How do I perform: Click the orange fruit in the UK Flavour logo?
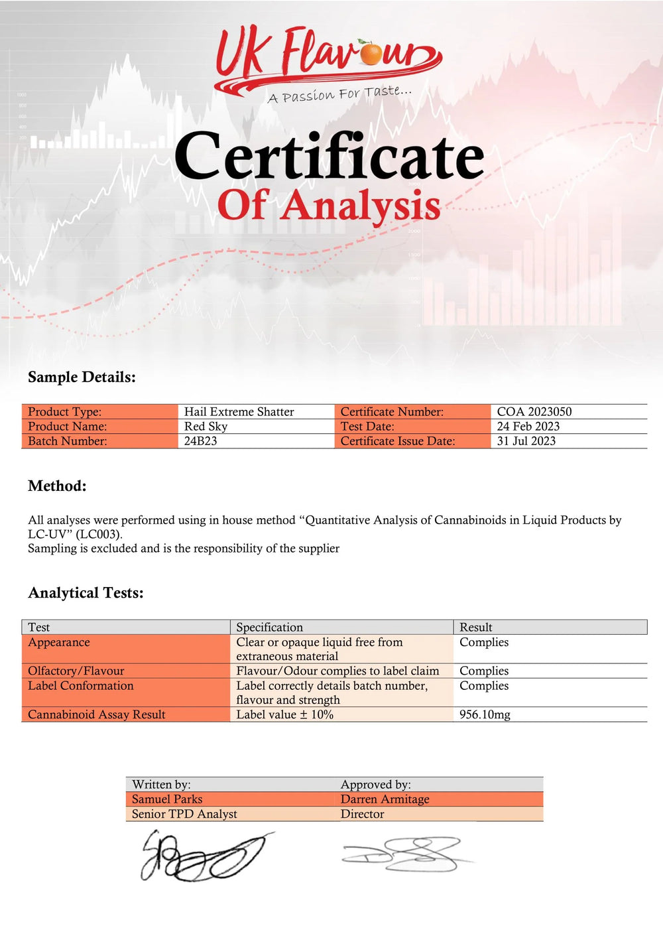[371, 54]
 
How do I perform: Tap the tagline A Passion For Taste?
[339, 94]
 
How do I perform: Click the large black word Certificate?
[330, 157]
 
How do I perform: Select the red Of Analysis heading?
[329, 205]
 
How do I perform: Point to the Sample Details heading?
[82, 377]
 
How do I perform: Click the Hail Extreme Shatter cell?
[239, 411]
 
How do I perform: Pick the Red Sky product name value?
[206, 426]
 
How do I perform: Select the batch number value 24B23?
[200, 440]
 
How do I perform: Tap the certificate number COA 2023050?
[534, 411]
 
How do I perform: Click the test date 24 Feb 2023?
[528, 426]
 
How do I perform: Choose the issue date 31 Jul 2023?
[526, 440]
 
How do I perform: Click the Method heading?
[57, 486]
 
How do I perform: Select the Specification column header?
[269, 627]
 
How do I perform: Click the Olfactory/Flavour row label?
[76, 671]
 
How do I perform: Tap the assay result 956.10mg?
[485, 714]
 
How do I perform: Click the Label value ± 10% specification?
[284, 714]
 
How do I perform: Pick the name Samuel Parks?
[167, 799]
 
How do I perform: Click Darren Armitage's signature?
[404, 854]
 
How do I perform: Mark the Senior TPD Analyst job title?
[184, 813]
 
